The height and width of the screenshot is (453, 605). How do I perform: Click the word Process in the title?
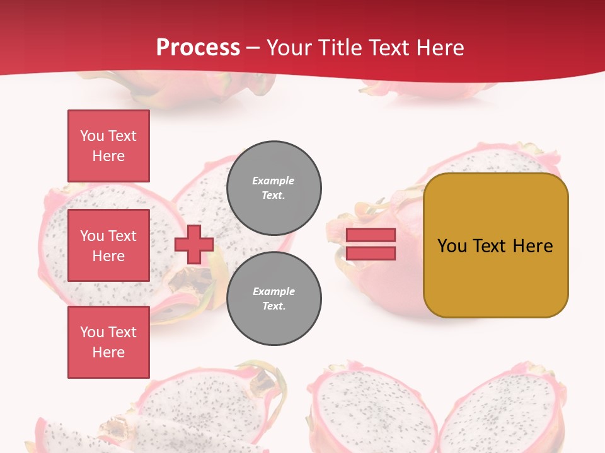click(198, 48)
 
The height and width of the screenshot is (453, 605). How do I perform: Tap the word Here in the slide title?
click(439, 48)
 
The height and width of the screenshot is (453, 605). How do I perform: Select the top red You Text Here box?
click(108, 146)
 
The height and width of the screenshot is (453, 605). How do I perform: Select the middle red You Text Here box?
click(108, 245)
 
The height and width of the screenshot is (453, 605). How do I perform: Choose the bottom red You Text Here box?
click(108, 342)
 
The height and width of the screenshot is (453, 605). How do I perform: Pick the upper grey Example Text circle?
click(274, 188)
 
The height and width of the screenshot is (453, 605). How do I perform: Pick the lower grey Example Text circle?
click(274, 299)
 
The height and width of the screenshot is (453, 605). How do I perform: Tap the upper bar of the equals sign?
click(371, 235)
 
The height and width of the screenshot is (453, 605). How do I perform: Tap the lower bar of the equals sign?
click(371, 254)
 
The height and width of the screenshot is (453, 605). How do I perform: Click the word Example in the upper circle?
click(273, 181)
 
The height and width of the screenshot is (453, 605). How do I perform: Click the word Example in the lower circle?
click(274, 291)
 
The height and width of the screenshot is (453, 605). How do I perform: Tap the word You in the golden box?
click(452, 246)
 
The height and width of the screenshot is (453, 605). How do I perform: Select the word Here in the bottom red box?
click(108, 352)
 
